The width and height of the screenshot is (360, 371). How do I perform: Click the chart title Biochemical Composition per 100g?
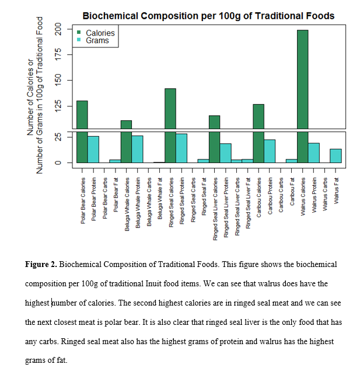tap(208, 16)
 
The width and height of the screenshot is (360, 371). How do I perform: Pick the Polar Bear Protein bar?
tap(93, 149)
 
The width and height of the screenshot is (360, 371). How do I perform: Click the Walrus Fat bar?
tap(335, 155)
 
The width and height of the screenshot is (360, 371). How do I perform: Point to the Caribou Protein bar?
tap(270, 151)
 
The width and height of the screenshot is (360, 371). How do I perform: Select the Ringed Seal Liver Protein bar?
tap(225, 152)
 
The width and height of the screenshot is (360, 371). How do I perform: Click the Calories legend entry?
tap(100, 33)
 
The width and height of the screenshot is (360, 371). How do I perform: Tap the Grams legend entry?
tap(97, 41)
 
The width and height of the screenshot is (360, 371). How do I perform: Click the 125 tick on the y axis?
tap(58, 106)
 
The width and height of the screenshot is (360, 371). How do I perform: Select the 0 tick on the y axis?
tap(58, 162)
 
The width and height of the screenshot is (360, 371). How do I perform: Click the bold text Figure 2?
tap(41, 265)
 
